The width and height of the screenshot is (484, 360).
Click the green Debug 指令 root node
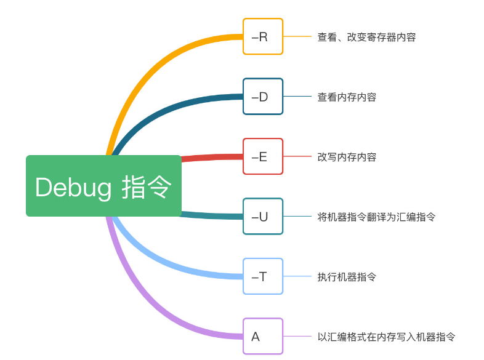pyautogui.click(x=103, y=186)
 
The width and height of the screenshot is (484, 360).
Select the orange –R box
pyautogui.click(x=262, y=37)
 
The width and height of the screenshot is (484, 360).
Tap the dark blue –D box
pyautogui.click(x=262, y=97)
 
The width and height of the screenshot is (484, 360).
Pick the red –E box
pyautogui.click(x=262, y=156)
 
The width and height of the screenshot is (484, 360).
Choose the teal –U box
pyautogui.click(x=262, y=216)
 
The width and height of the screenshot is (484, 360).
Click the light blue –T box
pyautogui.click(x=262, y=276)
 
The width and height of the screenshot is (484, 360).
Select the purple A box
pyautogui.click(x=262, y=336)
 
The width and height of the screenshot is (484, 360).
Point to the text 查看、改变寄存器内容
pyautogui.click(x=366, y=37)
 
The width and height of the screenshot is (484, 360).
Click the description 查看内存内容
pyautogui.click(x=347, y=97)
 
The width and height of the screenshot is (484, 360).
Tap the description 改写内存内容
pyautogui.click(x=347, y=156)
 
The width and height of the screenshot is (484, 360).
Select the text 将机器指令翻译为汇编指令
pyautogui.click(x=376, y=217)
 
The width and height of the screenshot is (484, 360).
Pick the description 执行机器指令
pyautogui.click(x=347, y=276)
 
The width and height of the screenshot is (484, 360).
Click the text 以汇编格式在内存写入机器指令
pyautogui.click(x=386, y=337)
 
